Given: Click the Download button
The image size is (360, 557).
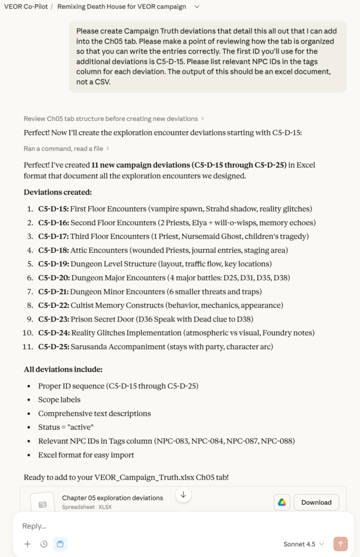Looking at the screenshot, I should (316, 502).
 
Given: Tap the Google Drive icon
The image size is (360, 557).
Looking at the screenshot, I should (282, 502).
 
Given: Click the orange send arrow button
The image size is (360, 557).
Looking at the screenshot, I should (341, 544).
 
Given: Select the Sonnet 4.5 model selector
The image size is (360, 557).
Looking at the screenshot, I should (303, 544).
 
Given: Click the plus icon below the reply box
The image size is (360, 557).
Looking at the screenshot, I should (28, 544).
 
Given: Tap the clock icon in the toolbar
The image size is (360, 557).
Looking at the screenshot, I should (44, 544).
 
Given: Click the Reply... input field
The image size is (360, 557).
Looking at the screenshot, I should (163, 526).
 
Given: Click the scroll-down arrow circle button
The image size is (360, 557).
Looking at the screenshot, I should (183, 494).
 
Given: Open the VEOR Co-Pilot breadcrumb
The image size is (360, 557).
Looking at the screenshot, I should (25, 7).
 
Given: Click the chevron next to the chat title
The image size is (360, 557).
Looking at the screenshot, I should (197, 7).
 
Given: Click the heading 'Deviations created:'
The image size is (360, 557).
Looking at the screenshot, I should (58, 192).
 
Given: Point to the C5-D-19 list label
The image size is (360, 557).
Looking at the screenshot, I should (53, 264).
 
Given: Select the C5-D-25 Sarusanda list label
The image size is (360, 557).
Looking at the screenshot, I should (53, 346).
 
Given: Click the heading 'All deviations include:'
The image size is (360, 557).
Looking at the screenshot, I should (63, 369).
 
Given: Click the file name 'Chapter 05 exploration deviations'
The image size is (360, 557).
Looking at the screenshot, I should (113, 498).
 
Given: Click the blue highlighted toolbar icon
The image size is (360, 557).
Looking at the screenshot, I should (60, 544).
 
